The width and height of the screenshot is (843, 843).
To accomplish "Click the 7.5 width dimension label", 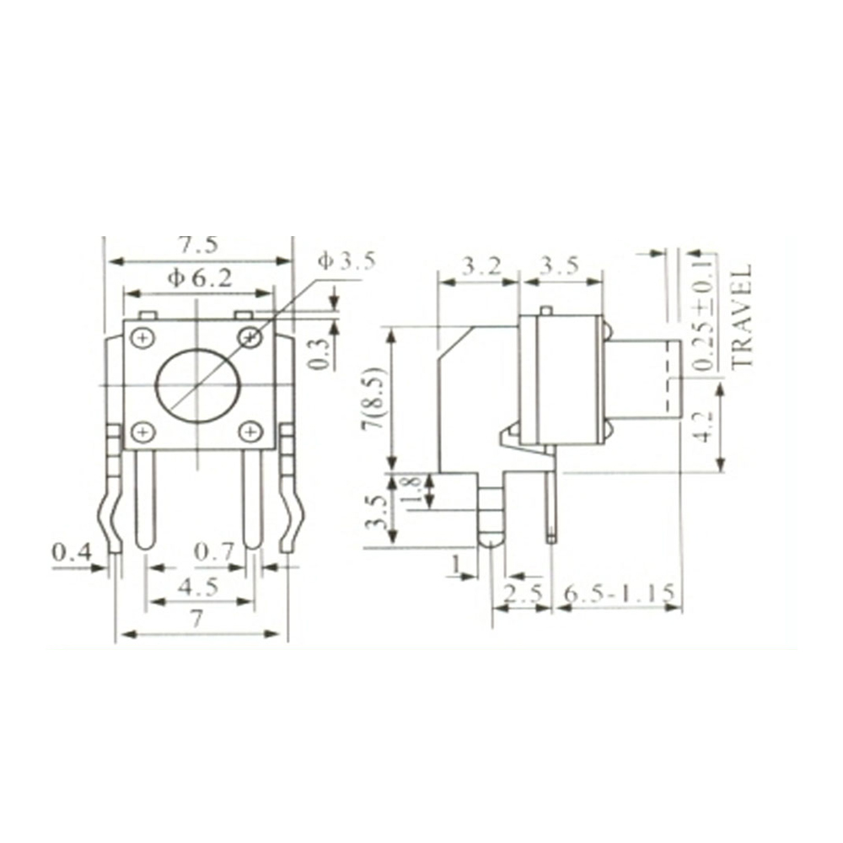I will pos(198,244).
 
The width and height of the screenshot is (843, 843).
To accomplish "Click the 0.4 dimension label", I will pos(71,553).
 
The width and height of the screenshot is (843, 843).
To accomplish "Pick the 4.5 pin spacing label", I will pos(200,587).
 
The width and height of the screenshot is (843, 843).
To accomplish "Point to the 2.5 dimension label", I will pos(523,593).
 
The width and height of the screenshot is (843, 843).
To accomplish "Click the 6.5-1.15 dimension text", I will pos(620,593).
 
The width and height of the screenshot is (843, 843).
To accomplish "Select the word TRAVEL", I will pos(741,316).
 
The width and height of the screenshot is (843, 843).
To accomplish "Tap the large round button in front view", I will pos(199,384).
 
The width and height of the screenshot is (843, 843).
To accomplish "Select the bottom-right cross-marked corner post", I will pos(250,432).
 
